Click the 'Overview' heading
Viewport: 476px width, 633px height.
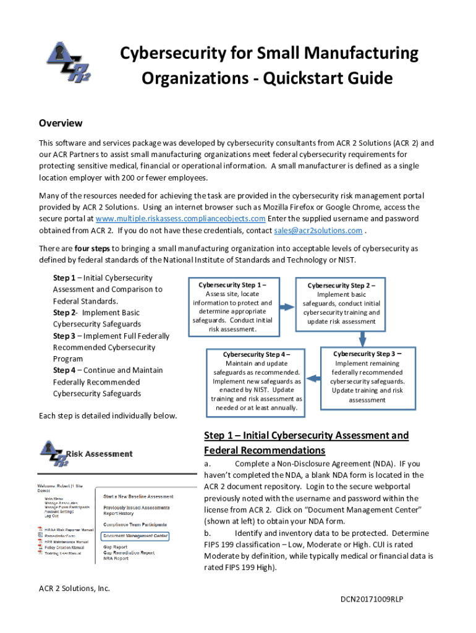click(x=61, y=123)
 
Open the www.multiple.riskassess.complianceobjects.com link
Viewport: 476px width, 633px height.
click(x=181, y=219)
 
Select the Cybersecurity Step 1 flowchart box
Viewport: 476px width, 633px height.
click(x=232, y=307)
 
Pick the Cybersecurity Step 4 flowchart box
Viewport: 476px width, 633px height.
click(x=256, y=381)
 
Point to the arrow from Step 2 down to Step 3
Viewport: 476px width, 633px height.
click(x=363, y=338)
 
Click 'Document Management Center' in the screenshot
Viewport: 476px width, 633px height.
click(x=135, y=535)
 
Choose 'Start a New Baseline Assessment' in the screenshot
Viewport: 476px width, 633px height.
click(x=138, y=496)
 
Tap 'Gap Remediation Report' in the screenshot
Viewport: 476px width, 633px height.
click(x=129, y=553)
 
